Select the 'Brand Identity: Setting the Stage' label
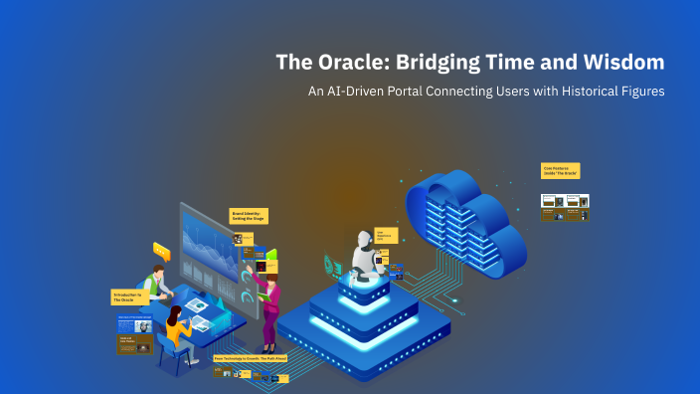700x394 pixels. pos(249,216)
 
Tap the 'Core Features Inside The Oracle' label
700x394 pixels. pos(560,171)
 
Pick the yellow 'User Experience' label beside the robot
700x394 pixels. pos(386,236)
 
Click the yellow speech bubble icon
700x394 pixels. pos(161,252)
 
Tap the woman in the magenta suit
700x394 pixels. pos(269,303)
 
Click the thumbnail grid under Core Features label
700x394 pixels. pos(565,206)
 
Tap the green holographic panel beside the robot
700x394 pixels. pos(334,265)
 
